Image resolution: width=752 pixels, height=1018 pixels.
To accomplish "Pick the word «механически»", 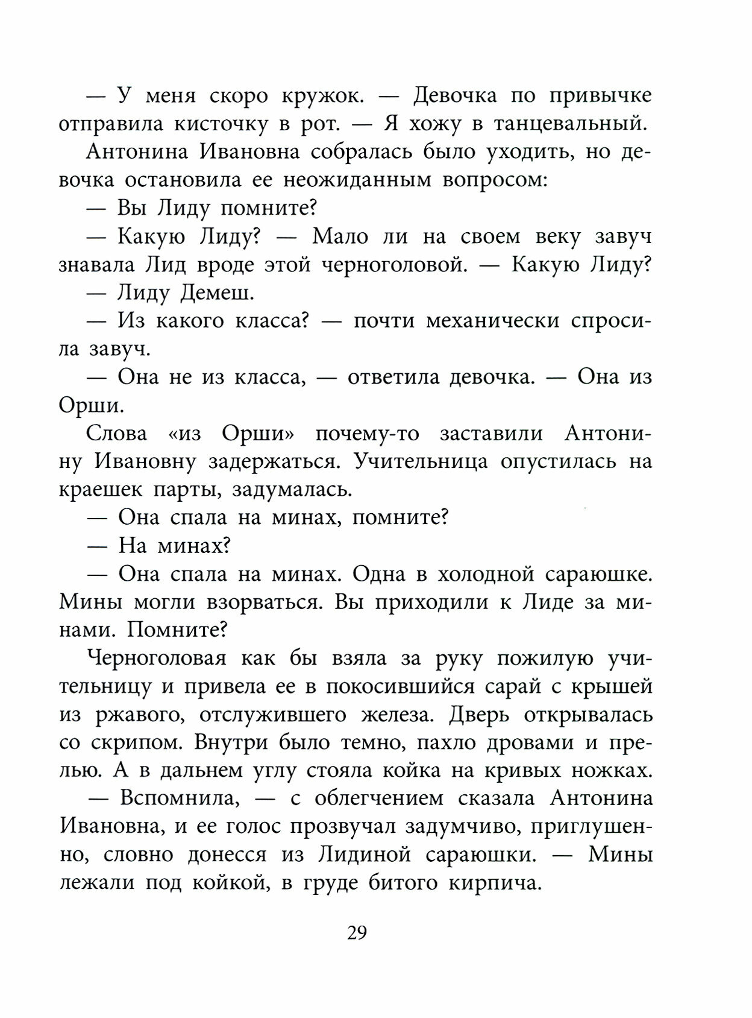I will tap(494, 321).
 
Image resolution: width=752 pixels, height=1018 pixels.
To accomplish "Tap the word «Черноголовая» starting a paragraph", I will tap(157, 658).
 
